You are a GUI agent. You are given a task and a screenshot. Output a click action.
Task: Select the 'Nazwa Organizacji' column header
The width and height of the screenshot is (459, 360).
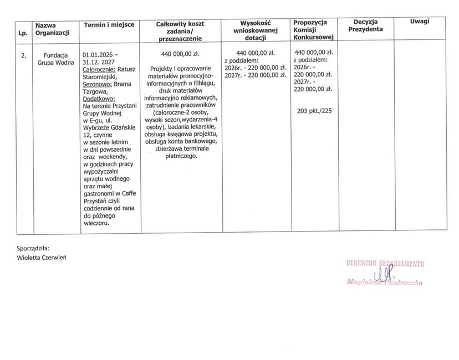tap(52, 29)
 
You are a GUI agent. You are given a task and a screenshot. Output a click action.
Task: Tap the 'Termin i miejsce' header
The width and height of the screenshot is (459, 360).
tap(107, 25)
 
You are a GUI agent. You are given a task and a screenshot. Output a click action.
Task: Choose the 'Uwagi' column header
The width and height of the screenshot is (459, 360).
tap(420, 21)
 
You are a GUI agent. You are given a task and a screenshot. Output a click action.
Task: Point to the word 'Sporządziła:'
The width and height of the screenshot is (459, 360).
tap(33, 249)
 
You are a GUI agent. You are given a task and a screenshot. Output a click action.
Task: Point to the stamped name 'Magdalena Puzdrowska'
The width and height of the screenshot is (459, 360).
tap(384, 283)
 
